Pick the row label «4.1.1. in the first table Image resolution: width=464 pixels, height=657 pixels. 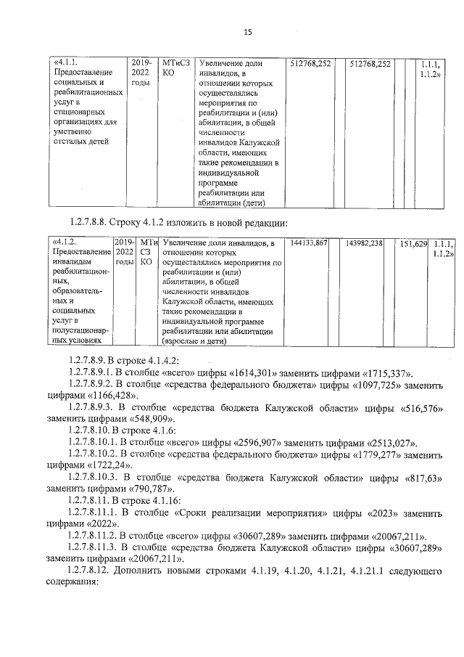coord(68,64)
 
